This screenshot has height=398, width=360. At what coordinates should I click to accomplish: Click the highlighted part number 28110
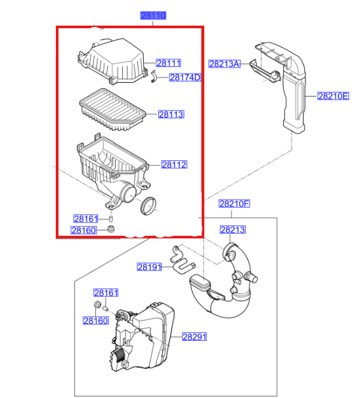pyautogui.click(x=153, y=16)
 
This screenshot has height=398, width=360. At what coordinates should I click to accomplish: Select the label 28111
pyautogui.click(x=168, y=63)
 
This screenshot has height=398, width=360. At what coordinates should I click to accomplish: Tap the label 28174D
pyautogui.click(x=185, y=77)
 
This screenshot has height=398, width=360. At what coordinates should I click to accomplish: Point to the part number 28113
pyautogui.click(x=171, y=114)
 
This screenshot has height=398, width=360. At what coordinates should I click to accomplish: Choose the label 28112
pyautogui.click(x=174, y=164)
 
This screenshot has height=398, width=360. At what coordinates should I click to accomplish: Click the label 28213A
pyautogui.click(x=224, y=64)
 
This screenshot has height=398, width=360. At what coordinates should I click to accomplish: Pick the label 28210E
pyautogui.click(x=333, y=96)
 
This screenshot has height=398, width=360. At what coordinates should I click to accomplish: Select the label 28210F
pyautogui.click(x=235, y=204)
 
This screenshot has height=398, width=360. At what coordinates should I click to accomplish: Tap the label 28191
pyautogui.click(x=149, y=267)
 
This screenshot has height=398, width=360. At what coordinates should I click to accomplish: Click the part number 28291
pyautogui.click(x=194, y=337)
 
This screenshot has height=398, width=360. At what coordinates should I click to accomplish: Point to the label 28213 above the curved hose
pyautogui.click(x=233, y=230)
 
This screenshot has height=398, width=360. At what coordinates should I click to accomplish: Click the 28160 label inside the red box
pyautogui.click(x=84, y=231)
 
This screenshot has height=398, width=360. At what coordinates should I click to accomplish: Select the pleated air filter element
pyautogui.click(x=112, y=110)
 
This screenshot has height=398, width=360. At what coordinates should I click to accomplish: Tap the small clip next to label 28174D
pyautogui.click(x=154, y=76)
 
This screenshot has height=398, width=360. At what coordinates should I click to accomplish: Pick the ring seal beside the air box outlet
pyautogui.click(x=148, y=206)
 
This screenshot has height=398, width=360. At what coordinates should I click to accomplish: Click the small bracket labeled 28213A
pyautogui.click(x=265, y=71)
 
